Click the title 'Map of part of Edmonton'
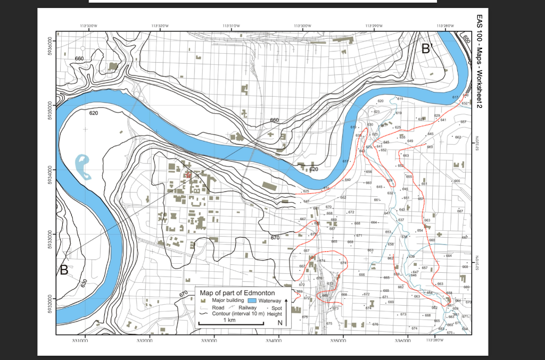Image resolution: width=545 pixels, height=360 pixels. tap(237, 293)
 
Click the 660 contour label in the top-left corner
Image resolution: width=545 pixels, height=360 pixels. tap(79, 58)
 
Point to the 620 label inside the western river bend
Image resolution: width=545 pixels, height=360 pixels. tap(93, 113)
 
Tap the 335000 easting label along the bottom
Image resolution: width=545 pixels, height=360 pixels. tap(338, 339)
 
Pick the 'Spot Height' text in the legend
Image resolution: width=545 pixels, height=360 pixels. tap(274, 311)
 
